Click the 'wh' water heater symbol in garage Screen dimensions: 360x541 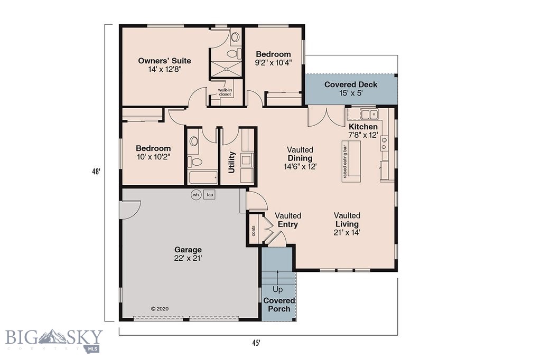tap(195, 195)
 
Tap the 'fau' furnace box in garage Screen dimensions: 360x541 tap(210, 195)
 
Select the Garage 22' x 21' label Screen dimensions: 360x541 tap(188, 254)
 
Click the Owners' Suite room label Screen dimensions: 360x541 tap(164, 65)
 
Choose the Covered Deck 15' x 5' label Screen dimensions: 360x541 tap(347, 89)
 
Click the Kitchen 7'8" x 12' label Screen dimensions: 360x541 tap(363, 131)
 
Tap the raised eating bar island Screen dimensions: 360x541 tap(351, 161)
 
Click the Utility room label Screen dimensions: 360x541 tap(231, 163)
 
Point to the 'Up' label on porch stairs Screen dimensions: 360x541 tap(277, 289)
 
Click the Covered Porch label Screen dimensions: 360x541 tap(279, 305)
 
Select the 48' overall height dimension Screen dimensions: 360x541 tap(96, 172)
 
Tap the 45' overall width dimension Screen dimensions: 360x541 tap(256, 343)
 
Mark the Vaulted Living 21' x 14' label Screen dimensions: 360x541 tap(347, 224)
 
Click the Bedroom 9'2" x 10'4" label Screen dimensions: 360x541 tap(273, 58)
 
